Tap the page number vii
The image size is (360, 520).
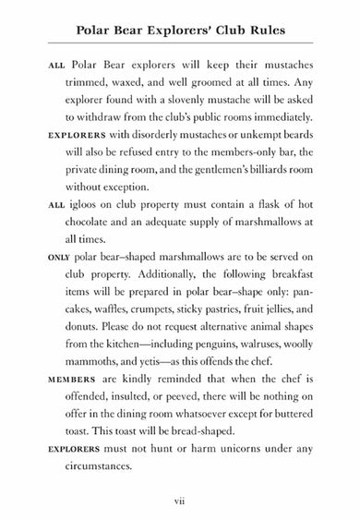[x=181, y=501]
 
